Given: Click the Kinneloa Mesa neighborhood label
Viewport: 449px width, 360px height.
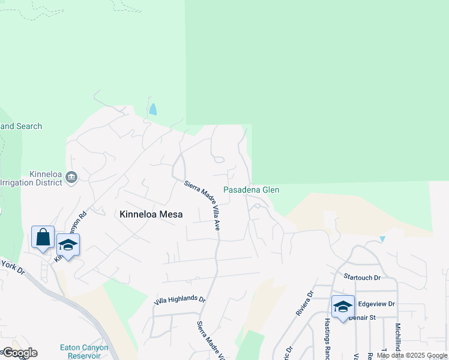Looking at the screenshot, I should (x=151, y=214).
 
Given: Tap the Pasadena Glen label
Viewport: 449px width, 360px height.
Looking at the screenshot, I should (x=251, y=190).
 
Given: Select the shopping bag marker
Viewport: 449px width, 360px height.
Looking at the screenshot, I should (x=43, y=237).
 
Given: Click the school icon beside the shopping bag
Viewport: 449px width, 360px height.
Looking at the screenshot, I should (x=68, y=245).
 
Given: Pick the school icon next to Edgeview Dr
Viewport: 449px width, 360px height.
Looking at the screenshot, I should (x=343, y=307).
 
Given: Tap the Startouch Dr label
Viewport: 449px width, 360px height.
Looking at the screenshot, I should (x=362, y=277).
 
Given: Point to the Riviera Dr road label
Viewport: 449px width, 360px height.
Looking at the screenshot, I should (x=304, y=304).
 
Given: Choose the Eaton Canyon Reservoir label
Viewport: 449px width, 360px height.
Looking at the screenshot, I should (x=84, y=352).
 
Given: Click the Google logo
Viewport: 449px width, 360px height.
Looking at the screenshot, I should (x=19, y=353).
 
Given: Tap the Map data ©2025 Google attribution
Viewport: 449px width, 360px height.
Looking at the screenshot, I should (x=412, y=355).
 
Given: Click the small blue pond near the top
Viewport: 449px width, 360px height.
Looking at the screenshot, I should (x=152, y=109).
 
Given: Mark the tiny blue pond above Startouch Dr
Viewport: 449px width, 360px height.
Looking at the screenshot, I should (x=382, y=239).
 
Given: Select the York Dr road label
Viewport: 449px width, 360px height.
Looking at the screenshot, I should (x=12, y=267).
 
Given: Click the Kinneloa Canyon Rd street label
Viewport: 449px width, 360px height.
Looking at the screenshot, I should (x=71, y=236).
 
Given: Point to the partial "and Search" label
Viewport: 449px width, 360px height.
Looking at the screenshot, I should (x=21, y=126).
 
